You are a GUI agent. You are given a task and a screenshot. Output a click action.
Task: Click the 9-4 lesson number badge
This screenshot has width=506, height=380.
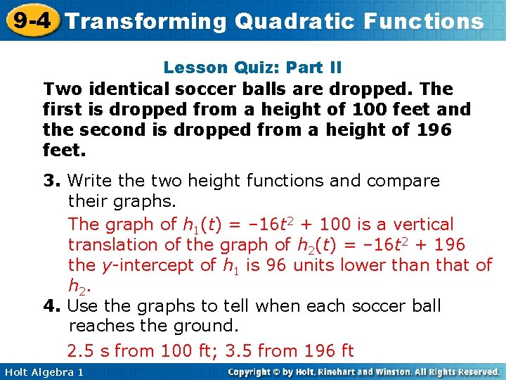(30, 20)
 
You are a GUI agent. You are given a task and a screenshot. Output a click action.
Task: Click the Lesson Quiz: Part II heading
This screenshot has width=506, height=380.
(252, 68)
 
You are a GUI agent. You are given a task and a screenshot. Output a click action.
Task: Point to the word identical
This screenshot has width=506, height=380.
(124, 89)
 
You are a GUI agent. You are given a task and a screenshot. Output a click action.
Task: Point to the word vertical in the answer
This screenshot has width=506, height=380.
(424, 224)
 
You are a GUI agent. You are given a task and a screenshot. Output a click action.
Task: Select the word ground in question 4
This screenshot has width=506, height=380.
(206, 327)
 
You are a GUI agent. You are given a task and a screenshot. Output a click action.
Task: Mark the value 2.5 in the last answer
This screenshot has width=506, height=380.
(81, 350)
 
